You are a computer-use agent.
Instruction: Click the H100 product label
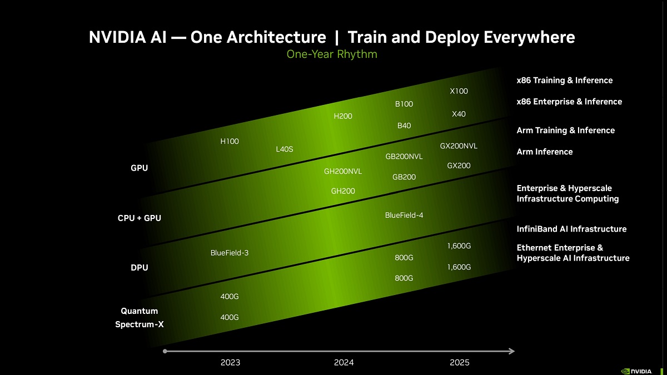[x=230, y=142]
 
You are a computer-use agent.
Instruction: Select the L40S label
[x=284, y=149]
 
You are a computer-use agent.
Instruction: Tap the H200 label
[x=343, y=116]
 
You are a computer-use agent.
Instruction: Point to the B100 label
[x=404, y=104]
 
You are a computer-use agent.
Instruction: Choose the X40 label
[x=459, y=114]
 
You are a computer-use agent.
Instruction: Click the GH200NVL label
[x=343, y=171]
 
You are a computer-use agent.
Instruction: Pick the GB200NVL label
[x=404, y=157]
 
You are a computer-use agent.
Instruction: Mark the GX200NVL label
[x=459, y=146]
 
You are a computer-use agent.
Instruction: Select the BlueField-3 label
[x=230, y=253]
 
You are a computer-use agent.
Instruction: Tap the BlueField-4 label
[x=404, y=215]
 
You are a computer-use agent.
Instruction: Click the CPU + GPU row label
[x=140, y=218]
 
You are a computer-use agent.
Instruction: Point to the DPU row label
[x=140, y=268]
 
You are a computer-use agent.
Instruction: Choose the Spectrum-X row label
[x=140, y=324]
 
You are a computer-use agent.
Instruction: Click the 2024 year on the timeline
[x=344, y=363]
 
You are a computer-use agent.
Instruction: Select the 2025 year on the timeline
[x=459, y=363]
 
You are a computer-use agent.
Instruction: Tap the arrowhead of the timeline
[x=511, y=351]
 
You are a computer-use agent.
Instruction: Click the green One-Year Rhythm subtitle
[x=332, y=54]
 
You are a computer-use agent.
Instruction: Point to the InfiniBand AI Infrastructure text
[x=571, y=229]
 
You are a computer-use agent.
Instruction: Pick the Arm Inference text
[x=544, y=152]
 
